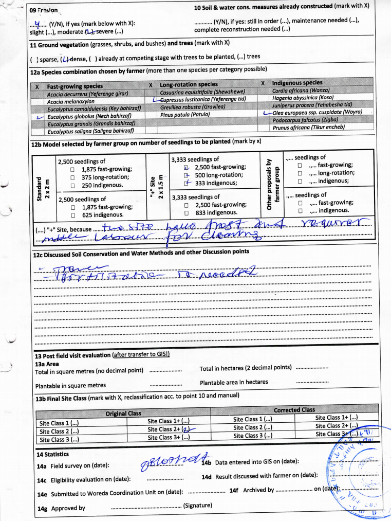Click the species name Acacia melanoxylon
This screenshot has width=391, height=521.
[69, 102]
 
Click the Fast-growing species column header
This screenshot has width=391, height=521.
[75, 86]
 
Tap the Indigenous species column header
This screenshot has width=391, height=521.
[297, 83]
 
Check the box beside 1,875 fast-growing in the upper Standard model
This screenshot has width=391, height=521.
[73, 169]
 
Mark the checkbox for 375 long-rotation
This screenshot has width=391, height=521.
[73, 177]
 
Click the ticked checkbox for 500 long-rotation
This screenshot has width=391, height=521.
[187, 175]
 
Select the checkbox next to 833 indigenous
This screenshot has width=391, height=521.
[187, 212]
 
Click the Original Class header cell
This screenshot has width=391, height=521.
[123, 414]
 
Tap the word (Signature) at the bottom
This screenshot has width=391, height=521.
[198, 506]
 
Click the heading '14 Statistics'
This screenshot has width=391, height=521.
[52, 455]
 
